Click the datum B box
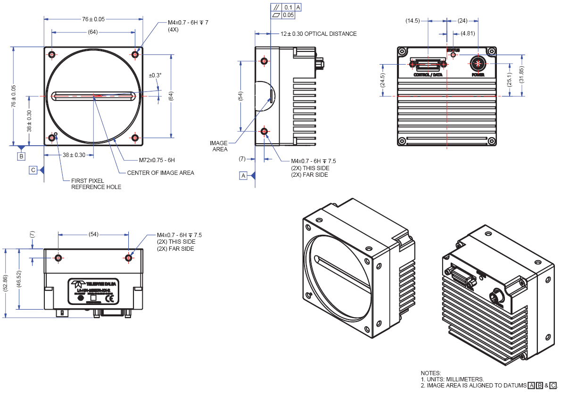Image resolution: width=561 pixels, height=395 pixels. pyautogui.click(x=21, y=156)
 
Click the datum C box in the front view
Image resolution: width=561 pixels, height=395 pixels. pyautogui.click(x=33, y=170)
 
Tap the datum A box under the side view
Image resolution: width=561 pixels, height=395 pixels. pyautogui.click(x=243, y=176)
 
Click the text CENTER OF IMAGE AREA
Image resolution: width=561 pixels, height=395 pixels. pyautogui.click(x=160, y=173)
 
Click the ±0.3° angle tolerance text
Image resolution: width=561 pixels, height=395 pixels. pyautogui.click(x=155, y=75)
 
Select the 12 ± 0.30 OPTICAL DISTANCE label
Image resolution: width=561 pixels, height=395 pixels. pyautogui.click(x=318, y=34)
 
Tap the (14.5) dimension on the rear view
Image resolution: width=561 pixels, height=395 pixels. pyautogui.click(x=413, y=21)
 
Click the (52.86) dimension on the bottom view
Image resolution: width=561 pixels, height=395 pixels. pyautogui.click(x=6, y=282)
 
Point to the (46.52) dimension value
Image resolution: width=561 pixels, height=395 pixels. pyautogui.click(x=19, y=282)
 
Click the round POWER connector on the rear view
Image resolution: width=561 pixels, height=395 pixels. pyautogui.click(x=478, y=63)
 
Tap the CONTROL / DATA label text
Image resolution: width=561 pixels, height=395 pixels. pyautogui.click(x=428, y=75)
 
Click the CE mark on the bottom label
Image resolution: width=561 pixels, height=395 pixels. pyautogui.click(x=109, y=298)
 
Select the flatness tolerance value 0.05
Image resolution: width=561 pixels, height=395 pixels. pyautogui.click(x=289, y=15)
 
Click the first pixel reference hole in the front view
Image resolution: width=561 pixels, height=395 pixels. pyautogui.click(x=56, y=134)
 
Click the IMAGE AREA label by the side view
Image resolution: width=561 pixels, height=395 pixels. pyautogui.click(x=219, y=146)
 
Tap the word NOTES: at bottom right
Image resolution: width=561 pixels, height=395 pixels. pyautogui.click(x=431, y=373)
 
